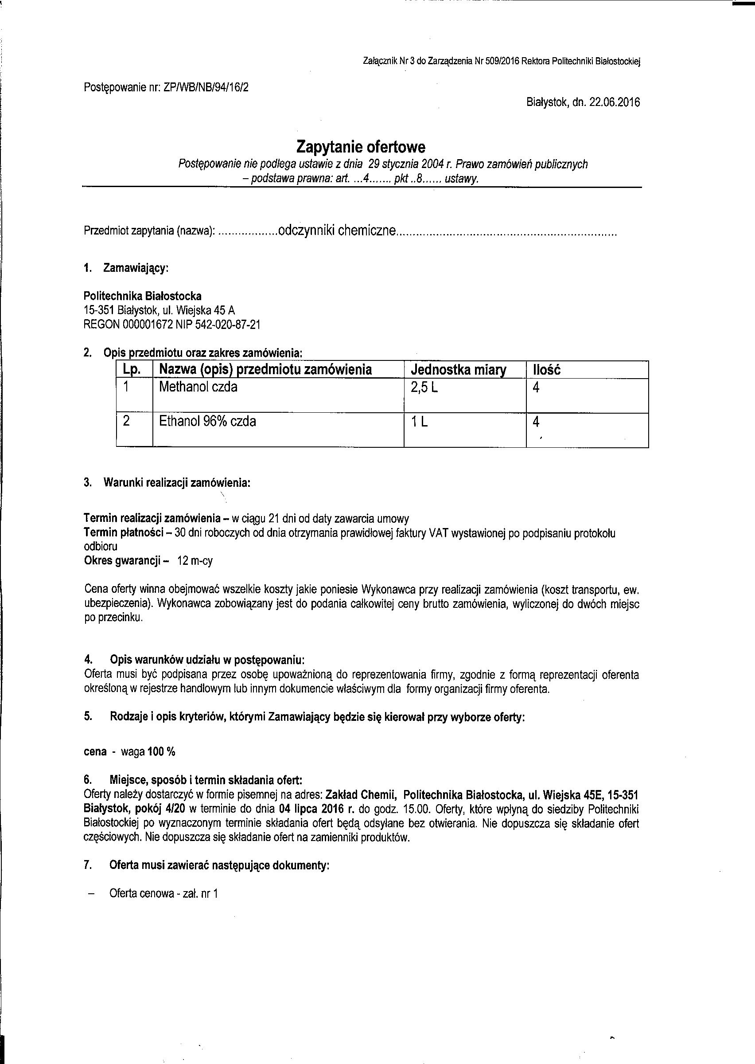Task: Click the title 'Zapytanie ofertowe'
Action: coord(361,148)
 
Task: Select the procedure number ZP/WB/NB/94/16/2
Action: coord(206,87)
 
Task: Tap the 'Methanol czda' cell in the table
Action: coord(198,387)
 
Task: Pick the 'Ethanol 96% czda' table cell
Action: coord(207,422)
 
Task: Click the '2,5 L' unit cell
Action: coord(424,387)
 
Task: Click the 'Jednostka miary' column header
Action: coord(459,370)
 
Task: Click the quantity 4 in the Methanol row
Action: coord(536,387)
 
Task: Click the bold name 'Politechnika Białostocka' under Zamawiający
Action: coord(142,296)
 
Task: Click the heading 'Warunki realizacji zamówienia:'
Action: coord(177,483)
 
